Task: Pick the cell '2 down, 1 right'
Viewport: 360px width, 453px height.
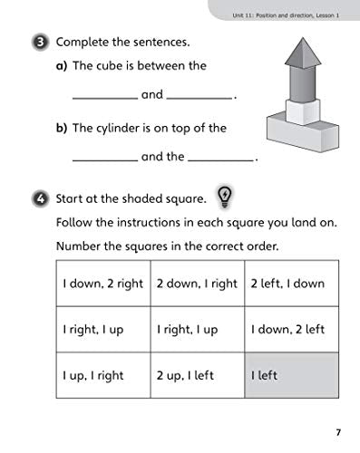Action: (195, 284)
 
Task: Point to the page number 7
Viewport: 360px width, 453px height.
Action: (337, 430)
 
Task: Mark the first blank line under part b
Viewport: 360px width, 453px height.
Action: (104, 160)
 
